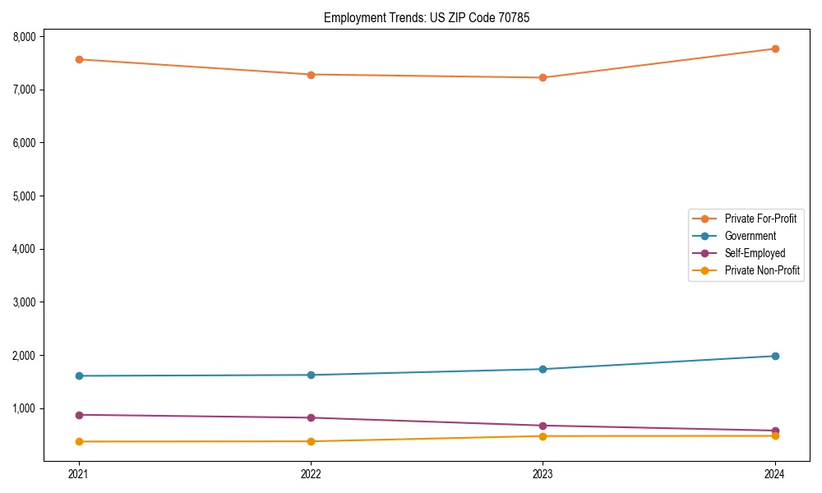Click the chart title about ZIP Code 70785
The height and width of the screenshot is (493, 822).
click(421, 17)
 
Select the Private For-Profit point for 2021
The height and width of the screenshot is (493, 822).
click(79, 59)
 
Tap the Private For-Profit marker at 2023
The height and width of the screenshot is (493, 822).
click(543, 78)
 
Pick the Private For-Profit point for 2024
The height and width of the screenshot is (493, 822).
click(775, 48)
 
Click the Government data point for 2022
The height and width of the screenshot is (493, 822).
click(311, 375)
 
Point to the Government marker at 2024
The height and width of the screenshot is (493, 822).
click(775, 356)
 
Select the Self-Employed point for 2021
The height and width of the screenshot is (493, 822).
click(79, 415)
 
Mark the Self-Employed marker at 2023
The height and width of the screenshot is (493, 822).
click(543, 426)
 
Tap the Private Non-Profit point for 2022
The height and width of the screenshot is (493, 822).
click(311, 441)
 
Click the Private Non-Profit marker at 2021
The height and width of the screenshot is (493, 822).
click(79, 441)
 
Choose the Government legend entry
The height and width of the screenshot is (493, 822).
click(750, 236)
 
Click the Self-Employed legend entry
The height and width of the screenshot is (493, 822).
click(755, 253)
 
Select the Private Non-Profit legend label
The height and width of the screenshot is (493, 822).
click(762, 270)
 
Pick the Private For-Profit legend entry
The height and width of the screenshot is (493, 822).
click(760, 219)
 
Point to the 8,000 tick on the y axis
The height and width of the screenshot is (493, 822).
click(24, 37)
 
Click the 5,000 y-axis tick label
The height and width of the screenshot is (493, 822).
click(24, 196)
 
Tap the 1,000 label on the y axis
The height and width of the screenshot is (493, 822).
click(24, 409)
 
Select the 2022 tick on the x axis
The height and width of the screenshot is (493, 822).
click(311, 473)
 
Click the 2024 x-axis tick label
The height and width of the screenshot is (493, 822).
click(775, 473)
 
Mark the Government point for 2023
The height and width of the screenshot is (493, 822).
click(543, 369)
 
